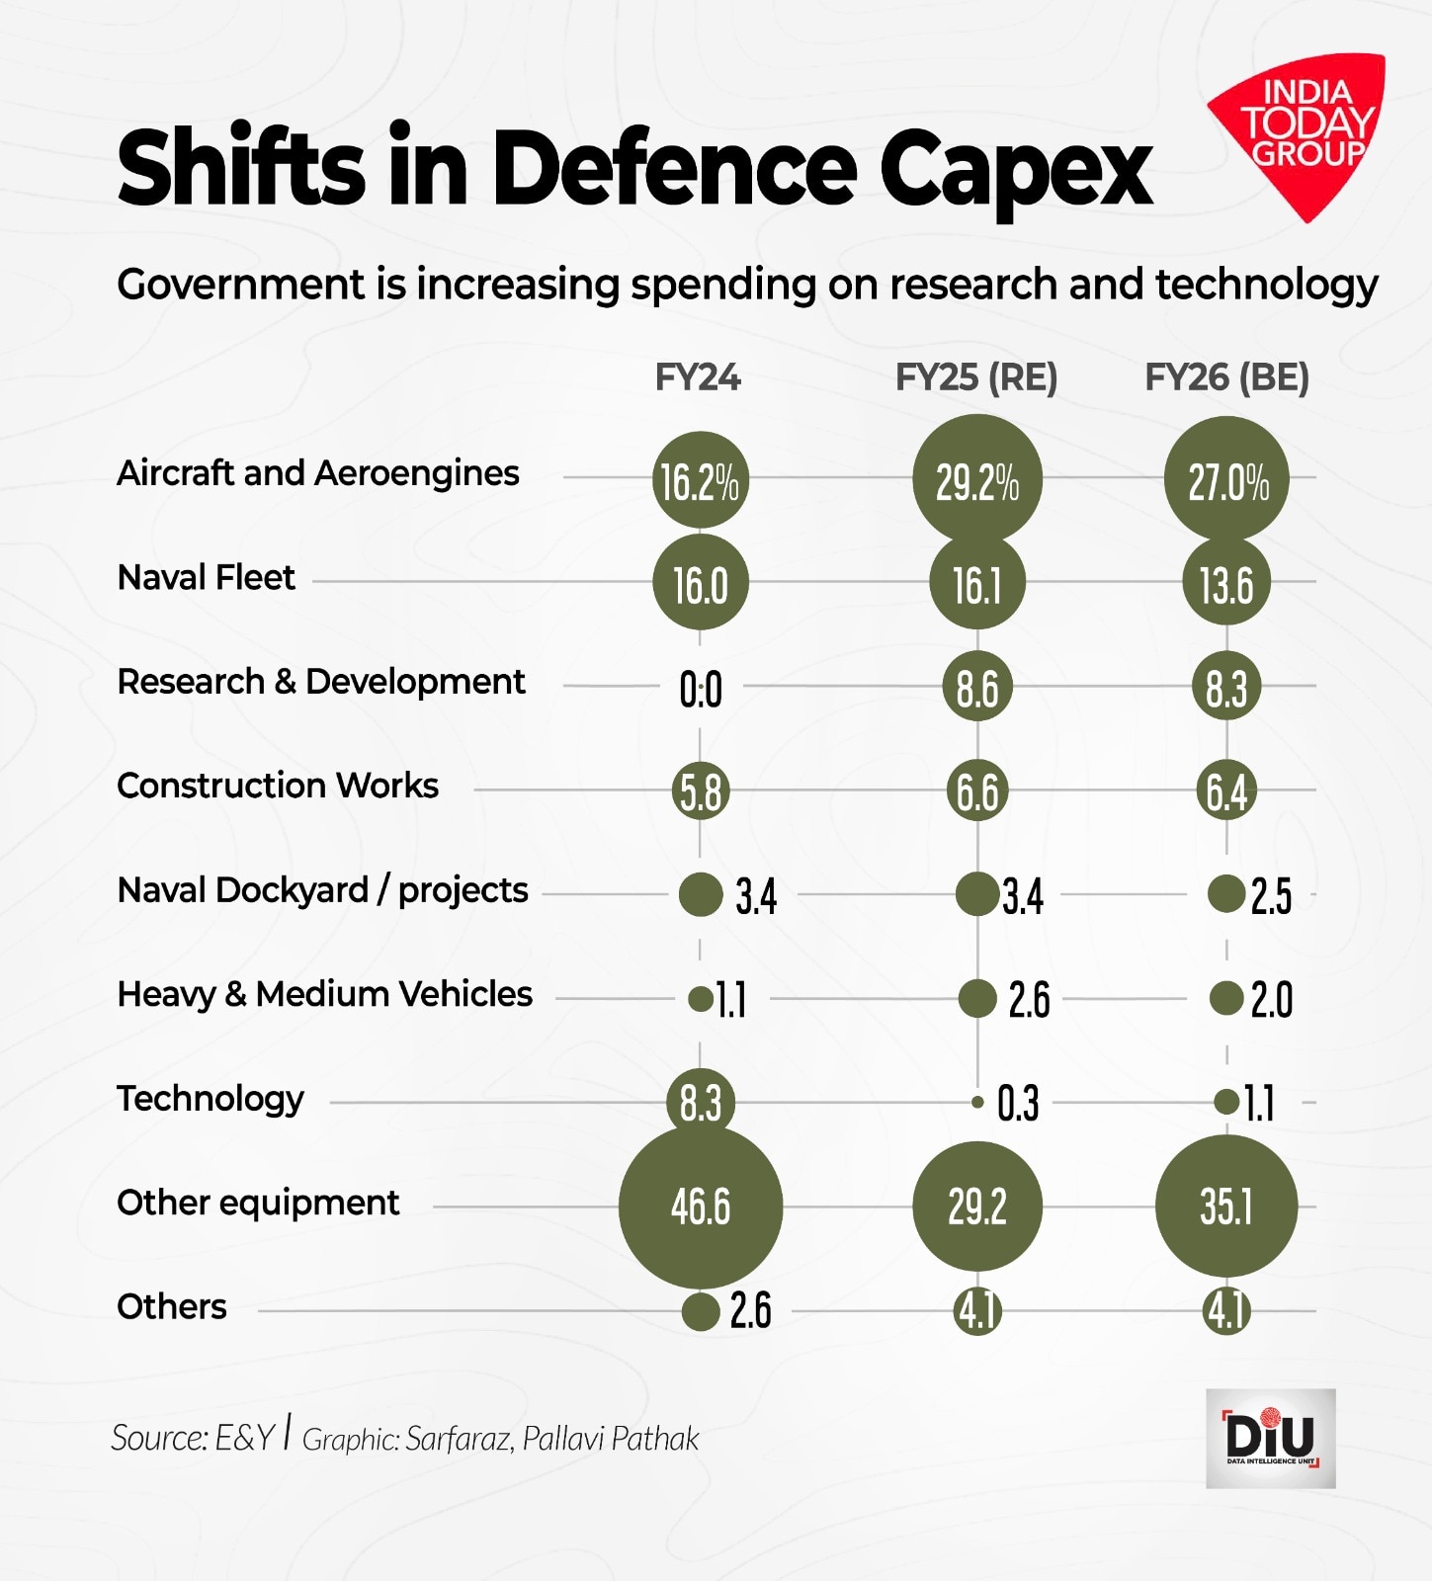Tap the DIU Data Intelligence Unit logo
pos(1270,1438)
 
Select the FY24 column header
pos(698,377)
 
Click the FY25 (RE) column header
pos(976,377)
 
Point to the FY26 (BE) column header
pos(1226,377)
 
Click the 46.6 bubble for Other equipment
pos(701,1207)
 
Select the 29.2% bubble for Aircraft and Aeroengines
pos(977,480)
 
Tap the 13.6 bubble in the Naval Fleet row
pos(1226,584)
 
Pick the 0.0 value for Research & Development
pos(701,689)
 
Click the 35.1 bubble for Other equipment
pos(1226,1207)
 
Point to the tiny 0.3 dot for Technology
pos(977,1102)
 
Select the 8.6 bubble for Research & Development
pos(977,687)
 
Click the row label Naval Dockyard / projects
pos(322,890)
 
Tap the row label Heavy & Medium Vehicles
pos(324,994)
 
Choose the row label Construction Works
pos(278,786)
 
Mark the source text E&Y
pos(244,1438)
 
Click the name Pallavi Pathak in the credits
pos(611,1439)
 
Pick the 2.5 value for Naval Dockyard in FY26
pos(1271,896)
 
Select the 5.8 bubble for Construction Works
pos(701,790)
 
